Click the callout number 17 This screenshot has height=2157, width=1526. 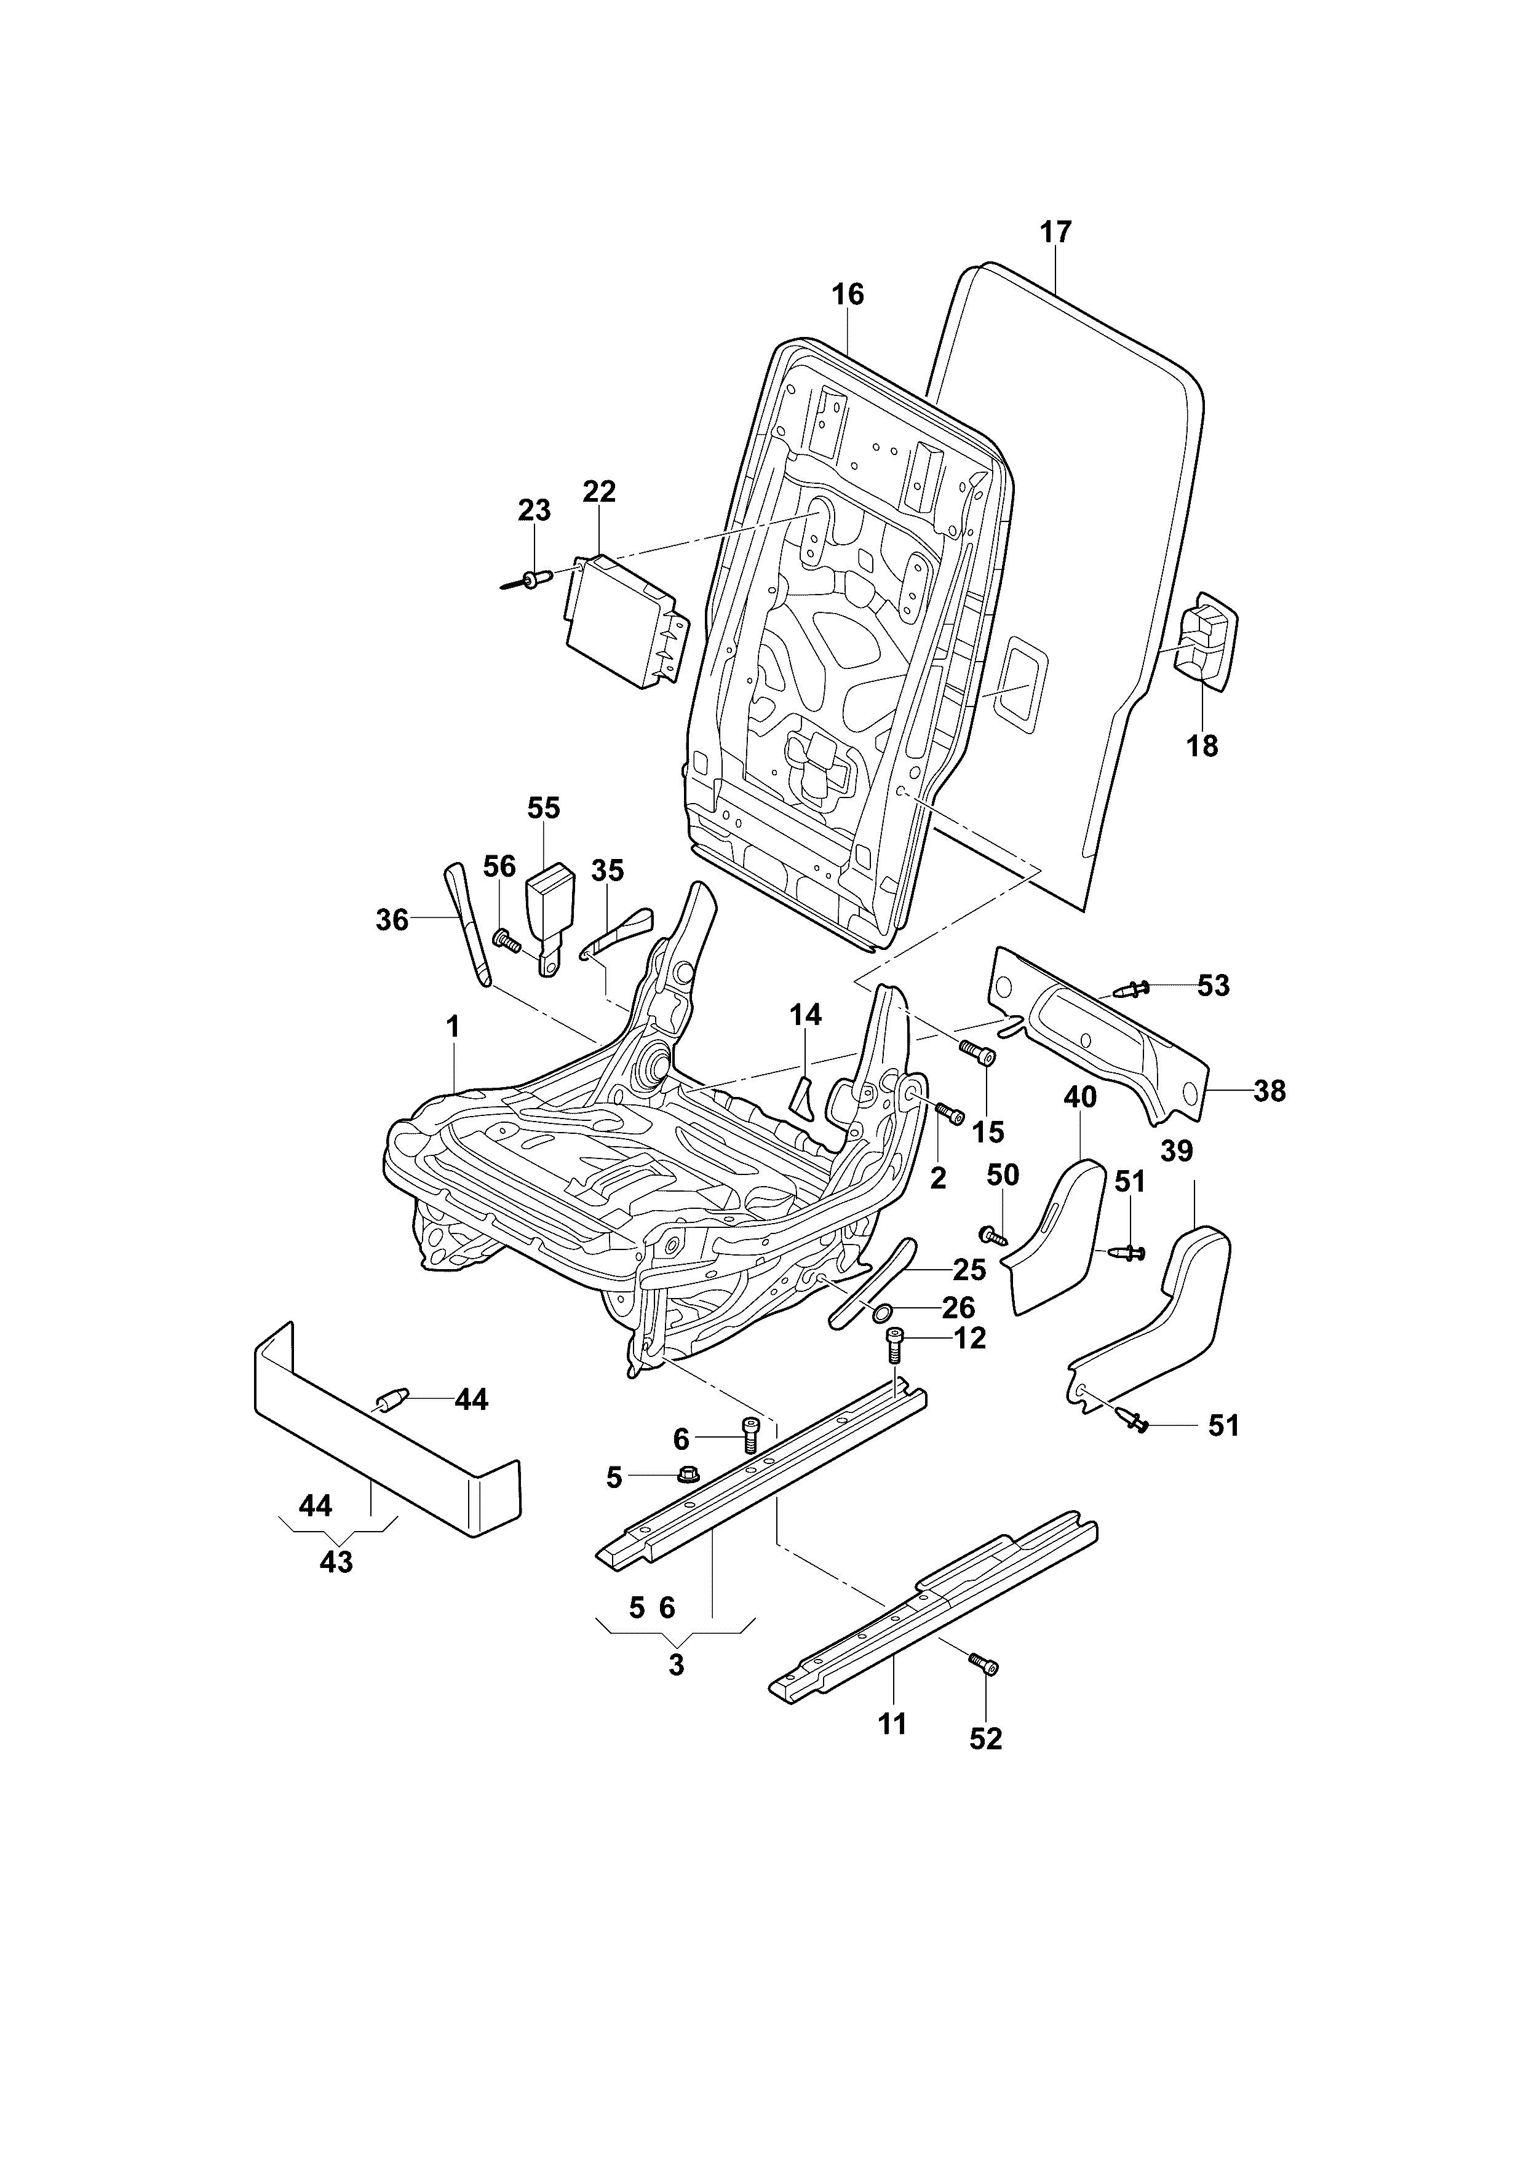pos(1055,232)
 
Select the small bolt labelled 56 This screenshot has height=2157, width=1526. pos(506,940)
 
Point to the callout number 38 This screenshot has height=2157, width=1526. pos(1270,1091)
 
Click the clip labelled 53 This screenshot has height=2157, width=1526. pos(1131,988)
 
